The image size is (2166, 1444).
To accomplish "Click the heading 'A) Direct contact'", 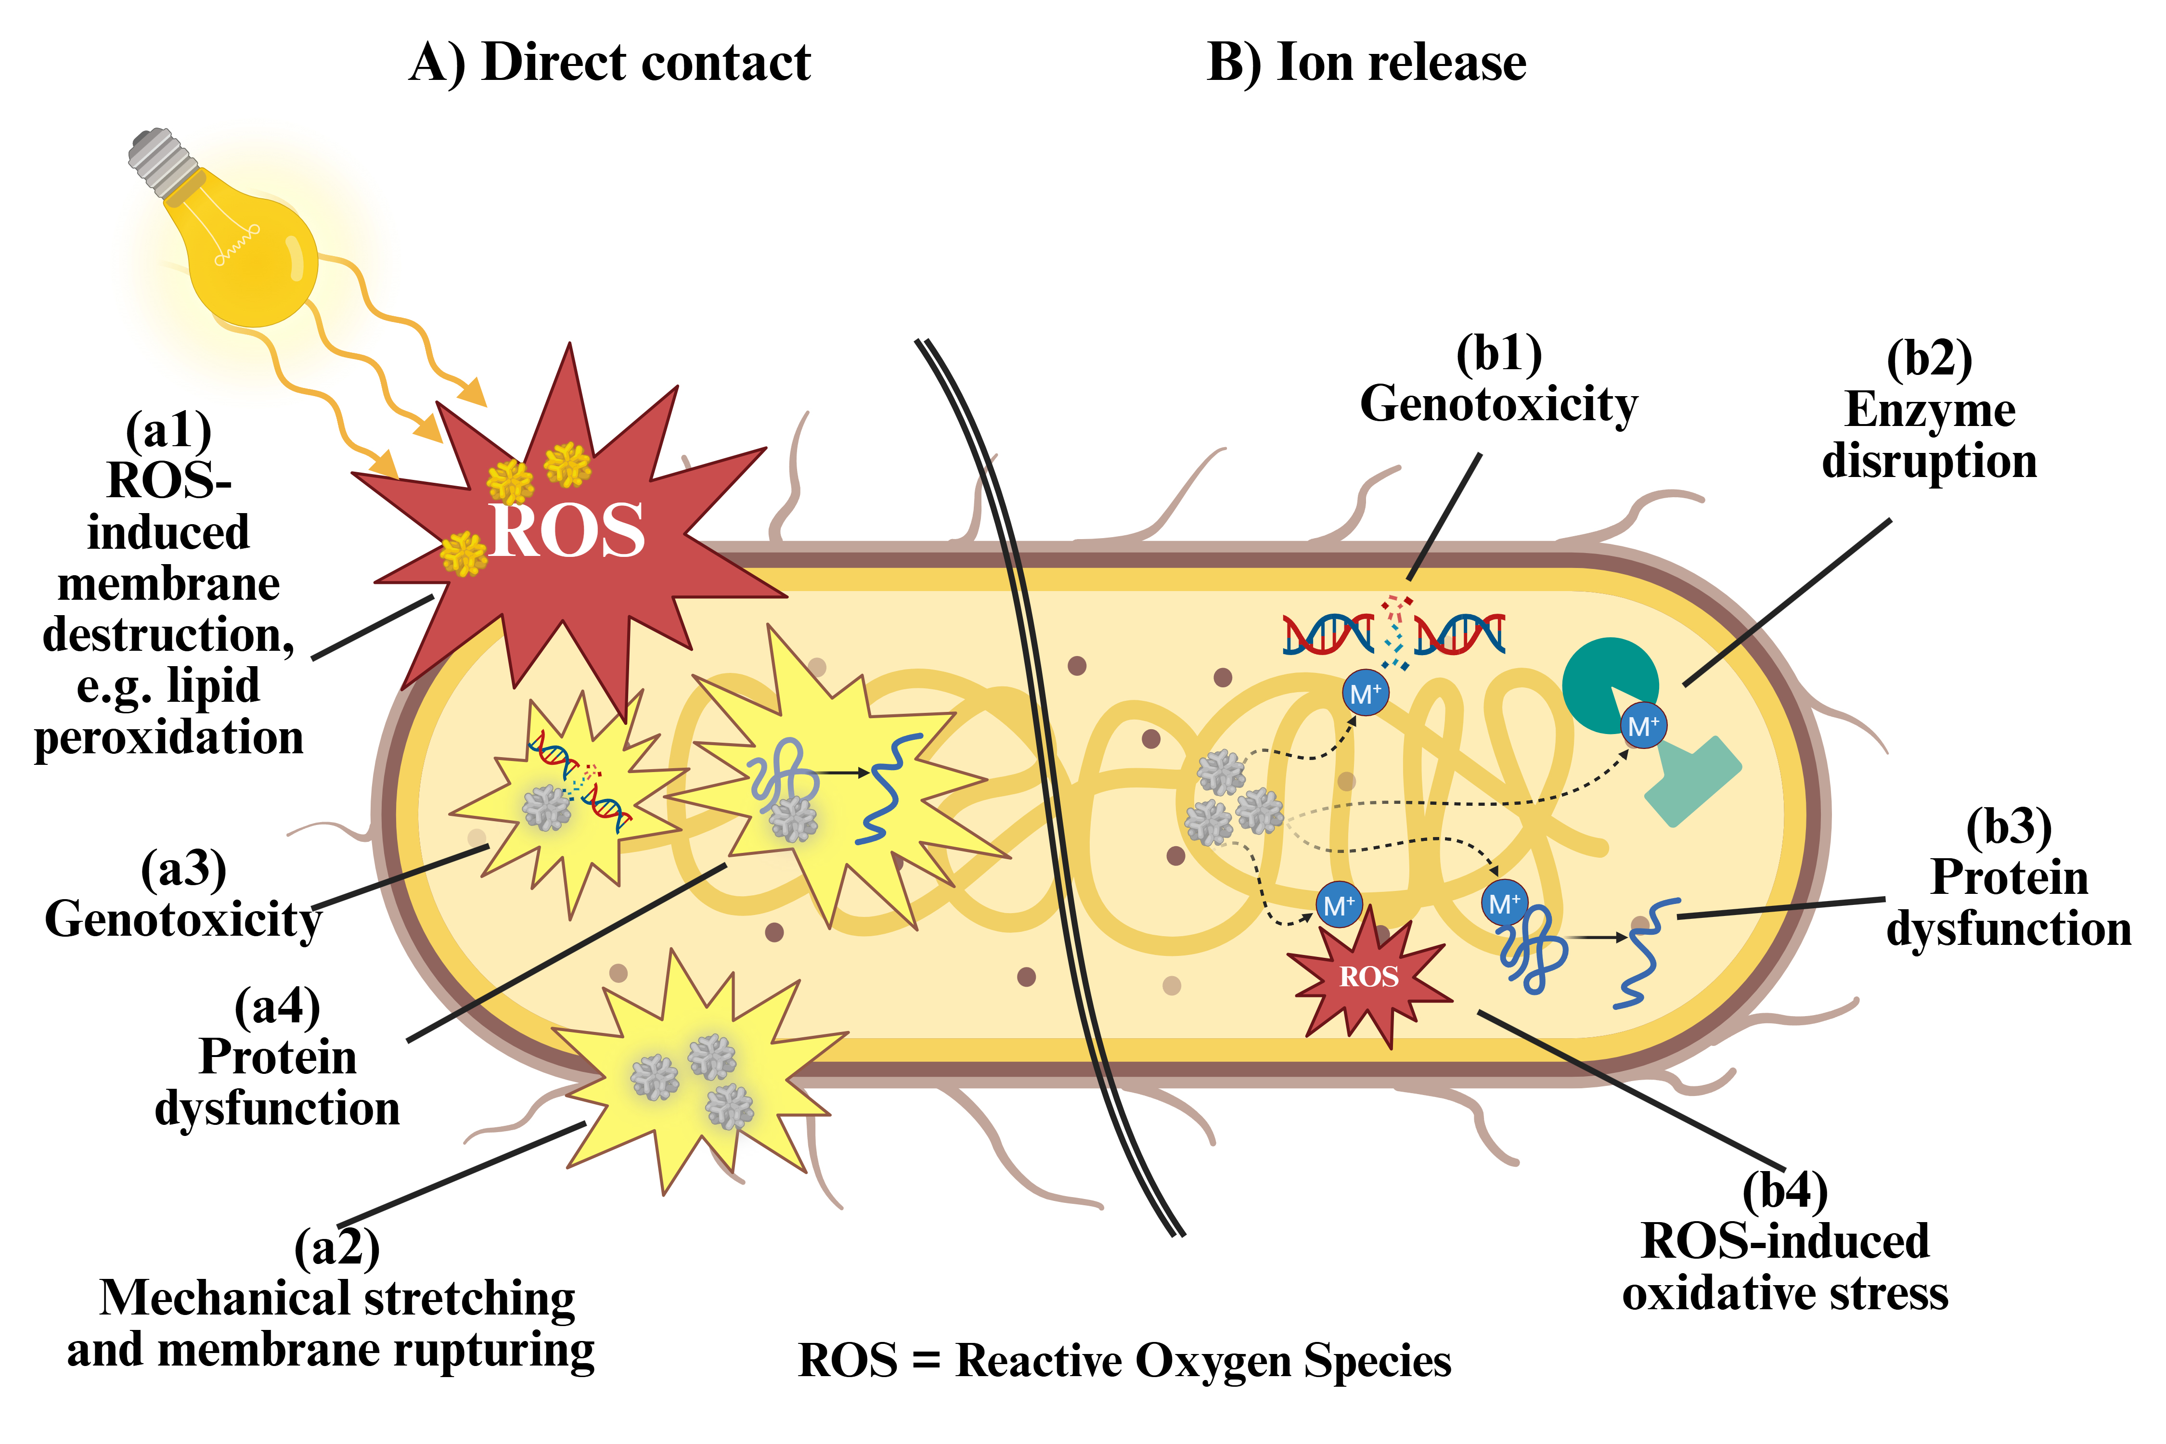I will point(610,63).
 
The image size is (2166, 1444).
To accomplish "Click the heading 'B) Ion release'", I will point(1367,63).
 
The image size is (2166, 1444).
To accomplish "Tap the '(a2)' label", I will point(336,1248).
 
